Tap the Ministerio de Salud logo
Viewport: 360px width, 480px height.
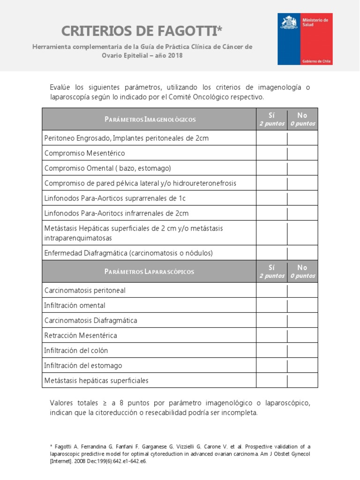coord(305,38)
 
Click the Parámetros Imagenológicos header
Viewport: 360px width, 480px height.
coord(150,119)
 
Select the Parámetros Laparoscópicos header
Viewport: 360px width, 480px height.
coord(150,271)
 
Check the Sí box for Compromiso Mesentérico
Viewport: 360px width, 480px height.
coord(271,153)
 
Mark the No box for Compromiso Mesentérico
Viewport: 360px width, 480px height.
coord(302,153)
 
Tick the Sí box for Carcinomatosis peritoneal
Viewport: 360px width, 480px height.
coord(271,290)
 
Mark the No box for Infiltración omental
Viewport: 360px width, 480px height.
coord(302,305)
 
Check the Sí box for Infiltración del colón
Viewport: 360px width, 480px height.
coord(271,350)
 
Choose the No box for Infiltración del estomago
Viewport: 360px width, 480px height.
coord(302,365)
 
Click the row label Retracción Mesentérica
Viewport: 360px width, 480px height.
coord(81,336)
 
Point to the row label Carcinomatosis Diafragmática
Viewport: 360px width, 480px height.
coord(90,321)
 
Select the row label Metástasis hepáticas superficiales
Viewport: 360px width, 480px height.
coord(96,381)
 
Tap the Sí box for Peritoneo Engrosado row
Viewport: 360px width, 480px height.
coord(271,138)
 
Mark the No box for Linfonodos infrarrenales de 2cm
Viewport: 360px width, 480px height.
coord(302,213)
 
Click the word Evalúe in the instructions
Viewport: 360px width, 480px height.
coord(60,88)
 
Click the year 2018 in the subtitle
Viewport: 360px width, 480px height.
coord(174,55)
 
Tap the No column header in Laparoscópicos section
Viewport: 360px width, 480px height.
coord(302,271)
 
